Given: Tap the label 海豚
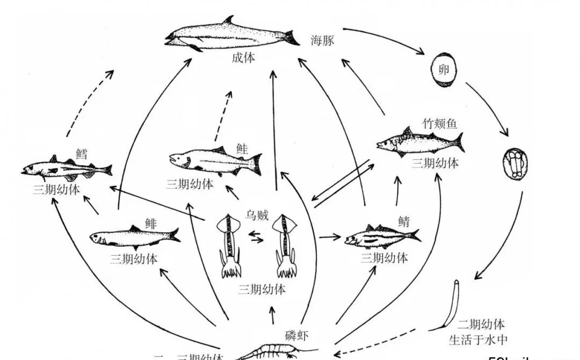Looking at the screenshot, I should coord(322,40).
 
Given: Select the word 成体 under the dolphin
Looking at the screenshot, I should coord(243,58).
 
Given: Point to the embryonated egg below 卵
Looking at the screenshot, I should coord(516,164).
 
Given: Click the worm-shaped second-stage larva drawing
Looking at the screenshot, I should coord(451,304).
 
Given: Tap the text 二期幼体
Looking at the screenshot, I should coord(481,325).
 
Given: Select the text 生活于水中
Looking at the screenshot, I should coord(478,340).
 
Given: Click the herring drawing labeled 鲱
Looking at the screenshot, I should coord(134,236).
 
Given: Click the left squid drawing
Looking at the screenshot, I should coord(231,244).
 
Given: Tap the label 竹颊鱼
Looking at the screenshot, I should coord(439,124).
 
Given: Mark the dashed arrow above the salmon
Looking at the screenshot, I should coord(223,115).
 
